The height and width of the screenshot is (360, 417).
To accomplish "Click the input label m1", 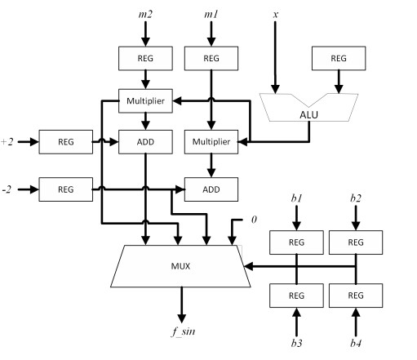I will [x=211, y=15].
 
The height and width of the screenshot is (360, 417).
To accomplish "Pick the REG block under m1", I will [x=211, y=59].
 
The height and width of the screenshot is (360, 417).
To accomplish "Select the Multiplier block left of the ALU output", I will [x=211, y=142].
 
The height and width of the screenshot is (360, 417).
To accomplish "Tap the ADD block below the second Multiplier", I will [x=211, y=189].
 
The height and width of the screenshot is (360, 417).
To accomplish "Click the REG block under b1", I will [x=295, y=243].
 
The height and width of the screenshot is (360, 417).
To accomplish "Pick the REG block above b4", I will [x=354, y=295].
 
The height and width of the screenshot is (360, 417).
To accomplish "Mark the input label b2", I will [x=354, y=198].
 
